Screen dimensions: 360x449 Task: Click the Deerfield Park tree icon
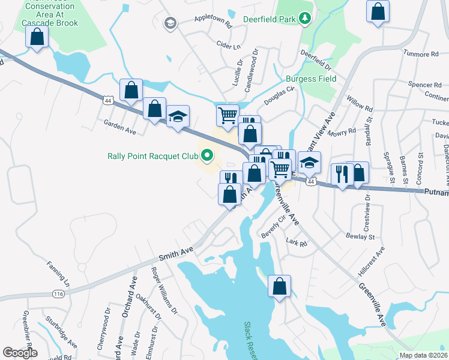point(306,19)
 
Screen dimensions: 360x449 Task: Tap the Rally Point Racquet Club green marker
point(207,157)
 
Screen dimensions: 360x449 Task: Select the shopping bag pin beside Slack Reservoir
point(280,286)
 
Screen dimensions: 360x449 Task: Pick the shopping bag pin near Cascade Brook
point(37,37)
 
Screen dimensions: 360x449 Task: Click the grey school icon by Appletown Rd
point(170,23)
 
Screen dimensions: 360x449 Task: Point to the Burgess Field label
point(310,79)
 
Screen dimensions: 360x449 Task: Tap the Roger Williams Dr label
point(164,293)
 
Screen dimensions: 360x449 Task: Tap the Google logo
point(20,353)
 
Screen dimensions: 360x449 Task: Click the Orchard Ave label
point(128,297)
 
